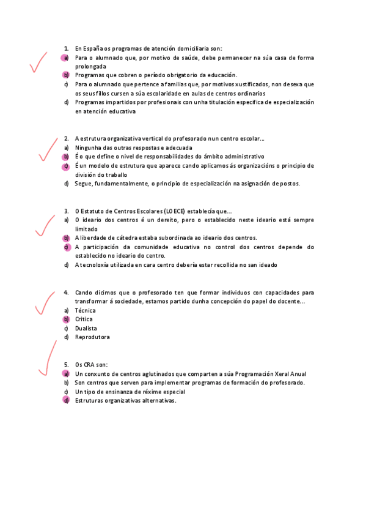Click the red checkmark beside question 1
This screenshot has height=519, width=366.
pyautogui.click(x=38, y=63)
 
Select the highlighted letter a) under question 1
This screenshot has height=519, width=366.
pyautogui.click(x=65, y=58)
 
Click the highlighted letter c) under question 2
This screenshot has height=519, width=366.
pyautogui.click(x=65, y=166)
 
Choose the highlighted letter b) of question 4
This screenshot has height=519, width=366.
pyautogui.click(x=65, y=319)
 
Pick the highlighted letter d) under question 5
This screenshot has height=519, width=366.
pyautogui.click(x=65, y=400)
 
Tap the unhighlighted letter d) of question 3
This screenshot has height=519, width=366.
pyautogui.click(x=65, y=265)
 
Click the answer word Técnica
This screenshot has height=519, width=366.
pyautogui.click(x=86, y=310)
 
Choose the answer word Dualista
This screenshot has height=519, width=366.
pyautogui.click(x=86, y=328)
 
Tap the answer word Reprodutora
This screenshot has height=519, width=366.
pyautogui.click(x=92, y=337)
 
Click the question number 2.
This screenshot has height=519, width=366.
pyautogui.click(x=66, y=139)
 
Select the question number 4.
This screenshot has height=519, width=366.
pyautogui.click(x=66, y=293)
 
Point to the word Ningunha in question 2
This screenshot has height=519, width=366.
pyautogui.click(x=89, y=147)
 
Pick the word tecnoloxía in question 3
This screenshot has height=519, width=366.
pyautogui.click(x=97, y=265)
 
